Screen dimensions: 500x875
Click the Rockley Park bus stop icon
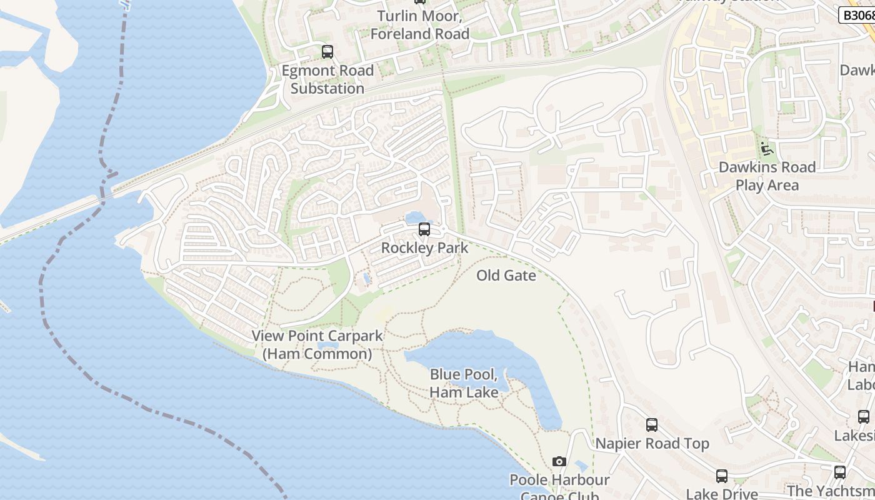424,229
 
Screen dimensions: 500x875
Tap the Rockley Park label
424,247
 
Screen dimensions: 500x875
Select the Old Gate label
506,276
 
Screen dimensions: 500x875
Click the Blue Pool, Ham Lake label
464,383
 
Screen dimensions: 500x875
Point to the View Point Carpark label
317,336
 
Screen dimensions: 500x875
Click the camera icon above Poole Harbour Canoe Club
559,462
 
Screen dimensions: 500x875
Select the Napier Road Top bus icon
652,425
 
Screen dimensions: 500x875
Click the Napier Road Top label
652,444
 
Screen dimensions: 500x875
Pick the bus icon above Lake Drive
722,476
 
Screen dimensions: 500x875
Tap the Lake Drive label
722,494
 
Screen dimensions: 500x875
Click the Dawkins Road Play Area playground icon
766,149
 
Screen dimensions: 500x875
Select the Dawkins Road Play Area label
767,176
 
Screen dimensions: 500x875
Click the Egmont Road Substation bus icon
327,52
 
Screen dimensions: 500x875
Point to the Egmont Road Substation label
327,79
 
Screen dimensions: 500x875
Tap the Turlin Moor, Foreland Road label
420,25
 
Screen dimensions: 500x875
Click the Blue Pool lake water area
475,350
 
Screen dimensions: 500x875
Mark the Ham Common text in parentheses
317,354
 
